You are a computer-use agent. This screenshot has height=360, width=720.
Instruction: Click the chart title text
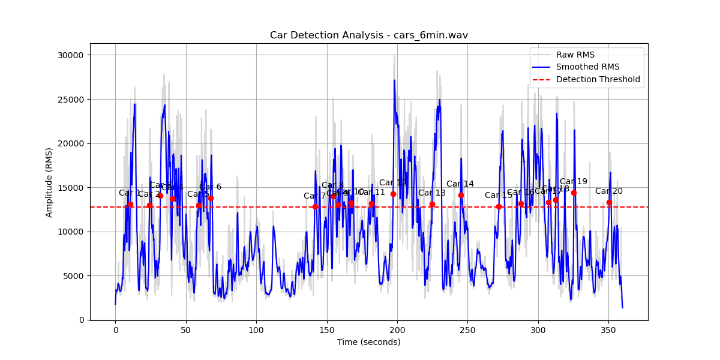point(368,35)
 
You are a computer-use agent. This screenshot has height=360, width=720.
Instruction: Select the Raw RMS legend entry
point(575,55)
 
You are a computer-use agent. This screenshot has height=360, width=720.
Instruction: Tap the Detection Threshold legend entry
point(598,79)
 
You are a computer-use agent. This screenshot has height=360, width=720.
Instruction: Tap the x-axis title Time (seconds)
point(368,342)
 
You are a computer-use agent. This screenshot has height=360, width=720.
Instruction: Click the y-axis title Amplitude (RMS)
point(49,182)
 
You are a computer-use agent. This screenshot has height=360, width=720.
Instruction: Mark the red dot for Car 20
point(609,202)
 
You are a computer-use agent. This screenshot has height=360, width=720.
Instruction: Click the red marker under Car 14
point(461,195)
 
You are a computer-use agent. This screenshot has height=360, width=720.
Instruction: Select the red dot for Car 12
point(393,194)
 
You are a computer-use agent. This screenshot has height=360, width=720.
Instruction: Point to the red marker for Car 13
point(432,204)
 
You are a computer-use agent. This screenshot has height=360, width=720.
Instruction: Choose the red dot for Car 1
point(130,204)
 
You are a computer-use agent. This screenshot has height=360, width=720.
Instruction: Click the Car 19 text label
point(573,182)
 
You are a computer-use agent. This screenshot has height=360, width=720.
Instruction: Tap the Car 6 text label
point(210,187)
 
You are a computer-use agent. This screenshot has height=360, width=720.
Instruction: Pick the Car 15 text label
point(498,195)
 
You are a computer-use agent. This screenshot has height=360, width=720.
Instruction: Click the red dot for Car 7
point(315,206)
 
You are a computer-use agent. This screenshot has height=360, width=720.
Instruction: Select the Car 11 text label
point(371,192)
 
